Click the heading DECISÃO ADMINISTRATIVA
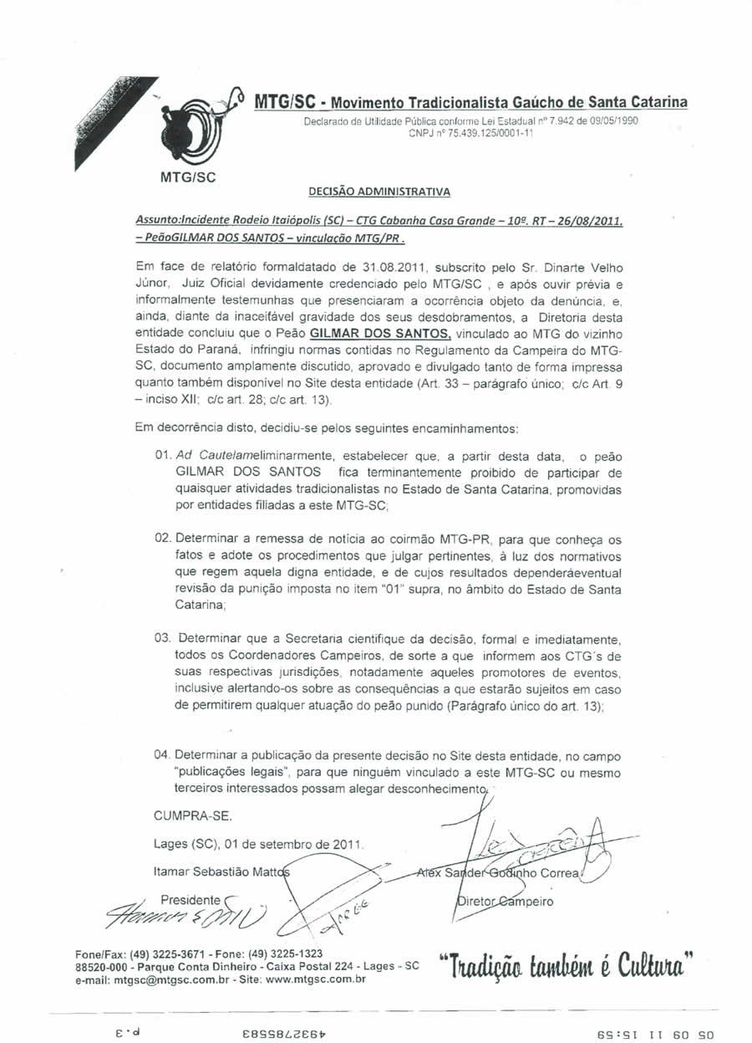tap(379, 192)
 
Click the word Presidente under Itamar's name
tap(189, 900)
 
